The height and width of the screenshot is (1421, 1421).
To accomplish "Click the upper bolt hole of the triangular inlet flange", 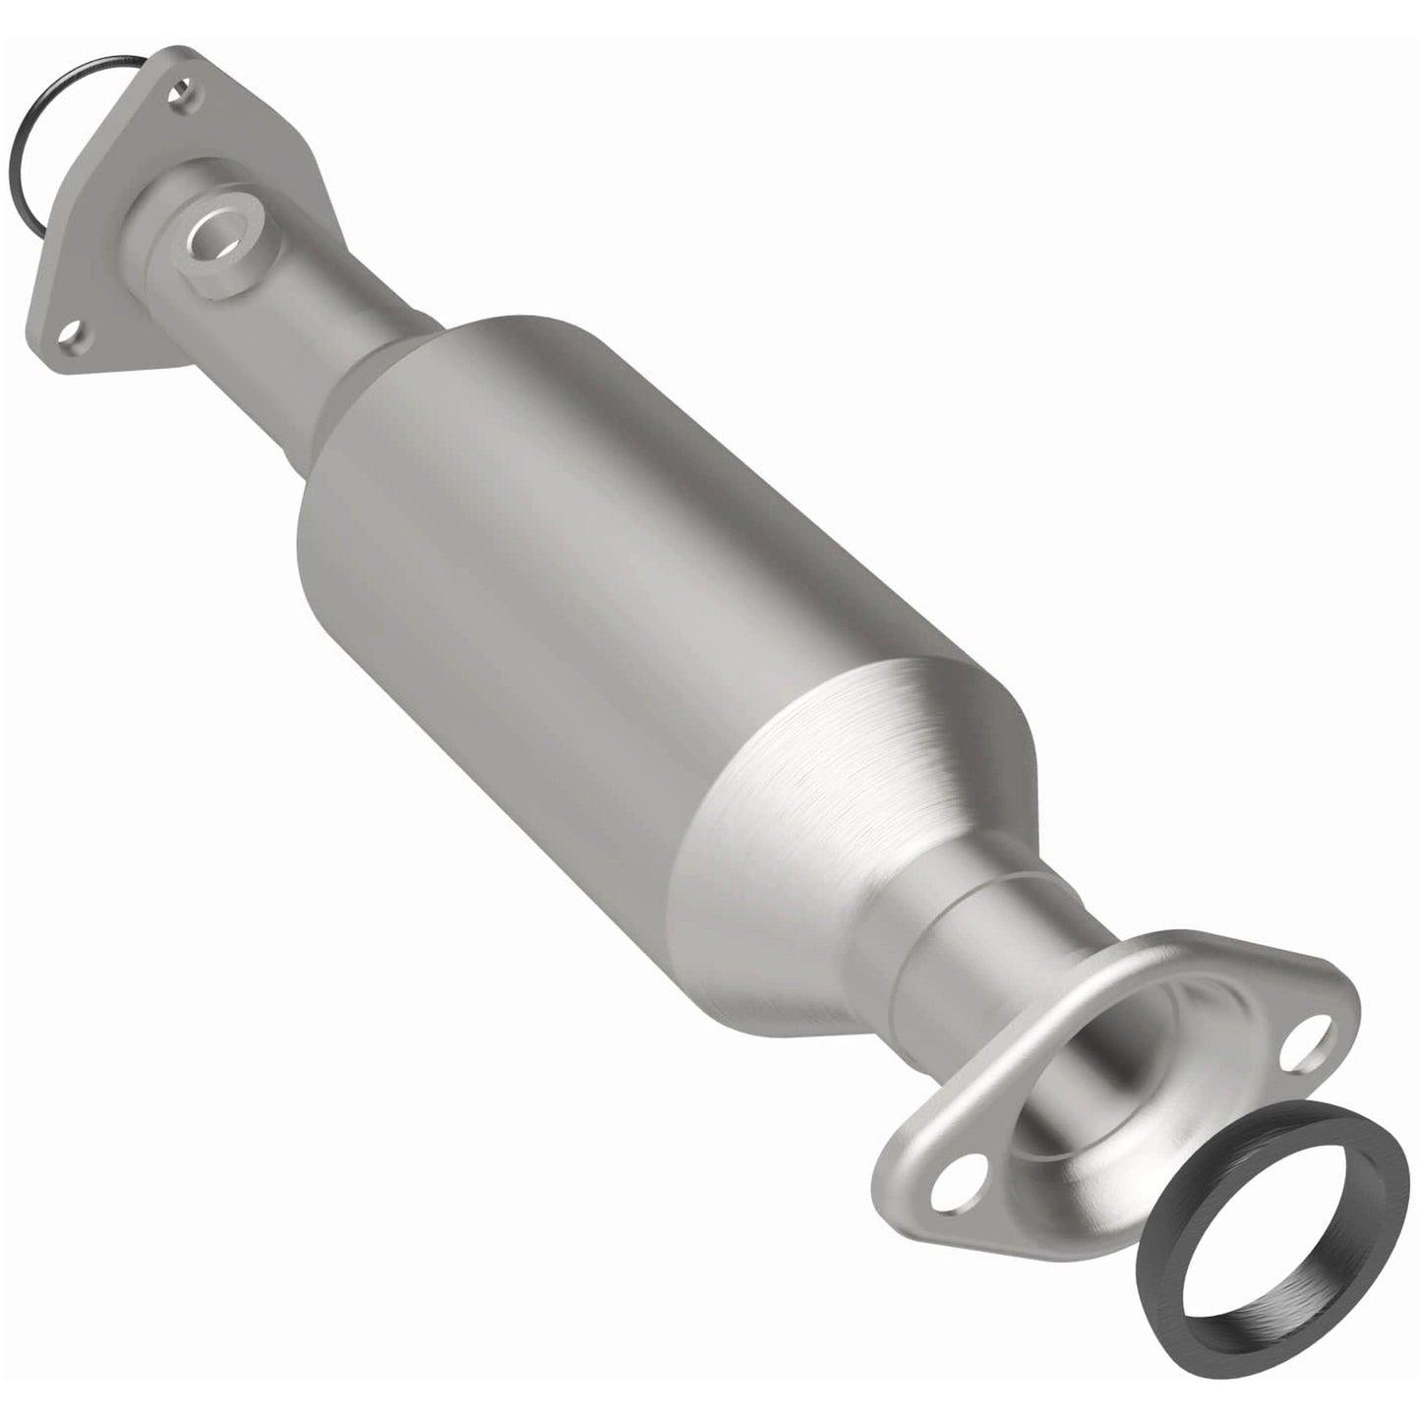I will (180, 96).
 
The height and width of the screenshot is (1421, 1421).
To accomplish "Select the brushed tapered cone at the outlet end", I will (865, 816).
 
